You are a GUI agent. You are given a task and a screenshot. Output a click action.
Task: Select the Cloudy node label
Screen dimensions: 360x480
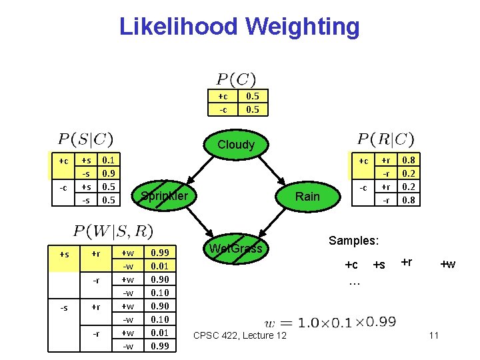(236, 145)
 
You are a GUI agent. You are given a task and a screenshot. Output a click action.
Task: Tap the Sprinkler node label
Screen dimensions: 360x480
(164, 195)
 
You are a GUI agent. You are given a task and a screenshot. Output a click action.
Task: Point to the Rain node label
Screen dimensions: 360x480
(307, 196)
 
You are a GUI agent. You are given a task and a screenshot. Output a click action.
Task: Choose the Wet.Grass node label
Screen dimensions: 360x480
(236, 249)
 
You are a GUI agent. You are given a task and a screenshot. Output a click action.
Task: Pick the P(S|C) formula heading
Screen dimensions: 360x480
(86, 139)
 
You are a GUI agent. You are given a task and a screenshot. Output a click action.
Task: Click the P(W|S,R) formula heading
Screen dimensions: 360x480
(113, 231)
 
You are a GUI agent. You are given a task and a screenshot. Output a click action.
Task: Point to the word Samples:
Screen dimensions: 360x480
(354, 239)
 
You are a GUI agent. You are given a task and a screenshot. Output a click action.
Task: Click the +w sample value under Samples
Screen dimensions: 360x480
(447, 265)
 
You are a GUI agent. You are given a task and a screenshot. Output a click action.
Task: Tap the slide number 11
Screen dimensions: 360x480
(433, 335)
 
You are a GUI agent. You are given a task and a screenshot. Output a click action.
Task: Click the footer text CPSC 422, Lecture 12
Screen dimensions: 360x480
(239, 335)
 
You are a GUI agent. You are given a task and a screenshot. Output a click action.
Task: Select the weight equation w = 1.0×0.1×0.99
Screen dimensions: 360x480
(330, 322)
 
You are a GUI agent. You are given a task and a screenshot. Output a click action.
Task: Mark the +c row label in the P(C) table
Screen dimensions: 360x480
(223, 96)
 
